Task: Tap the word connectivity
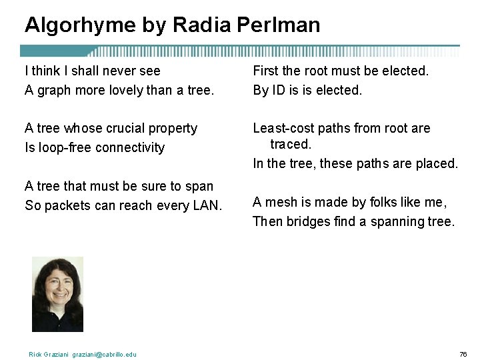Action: (130, 147)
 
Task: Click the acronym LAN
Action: (207, 205)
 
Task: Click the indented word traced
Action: (291, 144)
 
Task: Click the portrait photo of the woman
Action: (57, 294)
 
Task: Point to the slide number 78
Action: (463, 353)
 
